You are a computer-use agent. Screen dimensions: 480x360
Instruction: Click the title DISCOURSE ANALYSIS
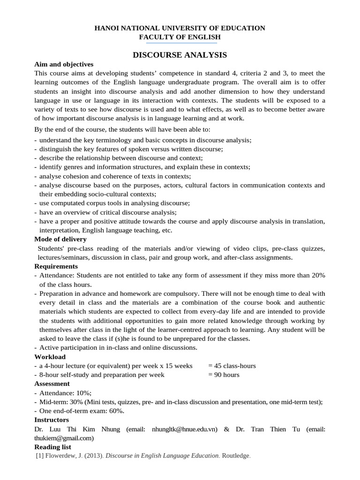pyautogui.click(x=180, y=55)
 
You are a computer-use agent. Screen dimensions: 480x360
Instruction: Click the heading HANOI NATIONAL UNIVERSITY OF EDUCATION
pyautogui.click(x=180, y=28)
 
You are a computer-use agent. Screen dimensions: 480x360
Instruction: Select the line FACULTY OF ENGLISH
pyautogui.click(x=180, y=37)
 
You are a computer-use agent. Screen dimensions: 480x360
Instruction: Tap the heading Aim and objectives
pyautogui.click(x=64, y=64)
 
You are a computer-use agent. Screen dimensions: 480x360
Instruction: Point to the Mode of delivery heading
pyautogui.click(x=60, y=239)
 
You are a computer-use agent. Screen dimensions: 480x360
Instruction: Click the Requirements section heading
pyautogui.click(x=56, y=266)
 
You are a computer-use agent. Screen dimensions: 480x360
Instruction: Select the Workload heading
pyautogui.click(x=50, y=357)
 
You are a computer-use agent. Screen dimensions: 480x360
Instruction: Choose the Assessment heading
pyautogui.click(x=52, y=383)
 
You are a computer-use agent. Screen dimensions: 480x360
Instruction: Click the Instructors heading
pyautogui.click(x=52, y=420)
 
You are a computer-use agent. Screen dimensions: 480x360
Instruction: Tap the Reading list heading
pyautogui.click(x=52, y=447)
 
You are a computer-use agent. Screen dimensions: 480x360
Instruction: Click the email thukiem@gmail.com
pyautogui.click(x=63, y=438)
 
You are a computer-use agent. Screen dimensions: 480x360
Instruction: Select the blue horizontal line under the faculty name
pyautogui.click(x=180, y=43)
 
